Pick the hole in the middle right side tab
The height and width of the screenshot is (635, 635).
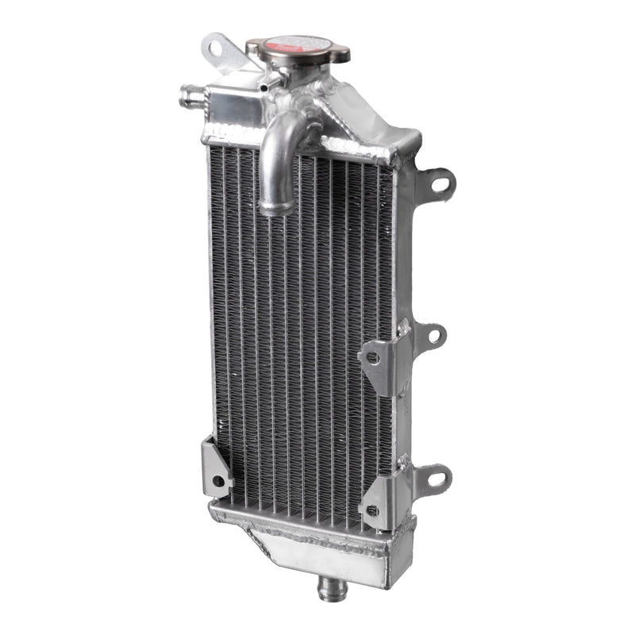(436, 337)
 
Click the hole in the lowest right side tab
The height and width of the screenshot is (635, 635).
(436, 479)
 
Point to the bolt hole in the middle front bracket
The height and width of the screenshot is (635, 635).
(373, 358)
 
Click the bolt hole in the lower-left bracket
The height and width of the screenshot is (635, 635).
(217, 481)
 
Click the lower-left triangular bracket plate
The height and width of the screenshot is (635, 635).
(215, 468)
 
